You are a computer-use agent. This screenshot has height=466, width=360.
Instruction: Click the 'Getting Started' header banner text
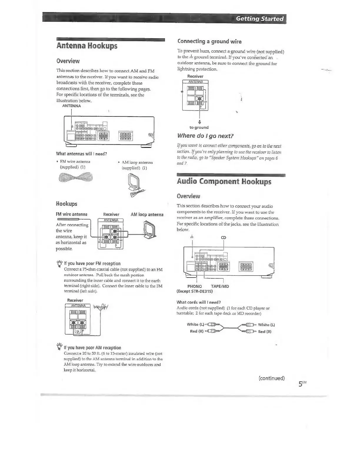(260, 19)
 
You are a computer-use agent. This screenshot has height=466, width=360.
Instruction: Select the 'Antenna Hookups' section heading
(87, 46)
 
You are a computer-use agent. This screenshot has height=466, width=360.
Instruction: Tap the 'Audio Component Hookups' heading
(224, 181)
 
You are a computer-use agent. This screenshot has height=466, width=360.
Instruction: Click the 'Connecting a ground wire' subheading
(209, 41)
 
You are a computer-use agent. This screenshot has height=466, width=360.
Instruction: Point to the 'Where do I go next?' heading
(205, 136)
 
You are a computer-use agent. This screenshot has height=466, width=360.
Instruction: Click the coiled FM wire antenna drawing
(76, 177)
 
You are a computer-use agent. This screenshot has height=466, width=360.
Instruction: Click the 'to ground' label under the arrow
(199, 127)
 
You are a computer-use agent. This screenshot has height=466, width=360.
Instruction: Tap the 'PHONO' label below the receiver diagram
(194, 286)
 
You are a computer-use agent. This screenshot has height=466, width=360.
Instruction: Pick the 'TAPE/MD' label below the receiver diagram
(220, 286)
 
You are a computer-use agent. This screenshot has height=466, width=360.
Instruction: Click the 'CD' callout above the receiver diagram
(224, 238)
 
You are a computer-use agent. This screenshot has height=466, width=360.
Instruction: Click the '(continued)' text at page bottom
(271, 378)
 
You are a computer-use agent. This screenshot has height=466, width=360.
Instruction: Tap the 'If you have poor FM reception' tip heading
(92, 263)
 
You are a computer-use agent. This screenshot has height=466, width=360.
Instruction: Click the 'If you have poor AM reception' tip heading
(92, 348)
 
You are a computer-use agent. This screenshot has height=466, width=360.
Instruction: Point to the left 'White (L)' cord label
(195, 324)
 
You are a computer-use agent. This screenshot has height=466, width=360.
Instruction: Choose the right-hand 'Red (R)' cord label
(265, 332)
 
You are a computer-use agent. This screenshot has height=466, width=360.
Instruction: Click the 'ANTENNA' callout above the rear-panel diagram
(71, 106)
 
